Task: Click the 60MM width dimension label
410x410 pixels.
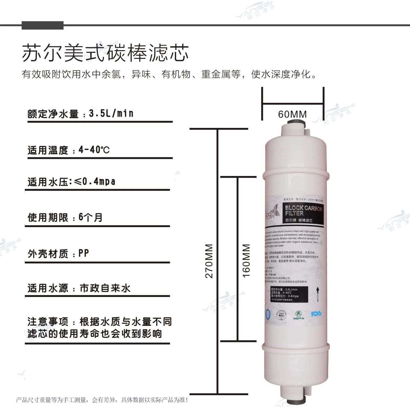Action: click(x=292, y=114)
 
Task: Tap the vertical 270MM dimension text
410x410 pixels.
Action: click(x=209, y=261)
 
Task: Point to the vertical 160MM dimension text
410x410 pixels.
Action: click(x=246, y=261)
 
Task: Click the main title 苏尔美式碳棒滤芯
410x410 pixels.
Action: click(x=105, y=53)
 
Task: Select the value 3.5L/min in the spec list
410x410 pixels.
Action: click(x=111, y=113)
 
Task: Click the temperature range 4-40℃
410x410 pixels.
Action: click(x=94, y=150)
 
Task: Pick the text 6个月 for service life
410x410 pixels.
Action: click(x=90, y=217)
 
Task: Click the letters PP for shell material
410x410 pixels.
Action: click(x=84, y=253)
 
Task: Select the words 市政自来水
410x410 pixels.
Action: click(x=105, y=288)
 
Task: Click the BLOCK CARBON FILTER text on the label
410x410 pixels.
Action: click(x=303, y=210)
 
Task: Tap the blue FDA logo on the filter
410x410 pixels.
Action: click(x=316, y=314)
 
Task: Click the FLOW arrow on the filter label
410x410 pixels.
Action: click(x=317, y=294)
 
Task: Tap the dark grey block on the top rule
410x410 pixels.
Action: click(x=42, y=25)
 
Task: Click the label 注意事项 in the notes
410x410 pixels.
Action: click(x=48, y=322)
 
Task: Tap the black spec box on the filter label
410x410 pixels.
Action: click(x=289, y=294)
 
